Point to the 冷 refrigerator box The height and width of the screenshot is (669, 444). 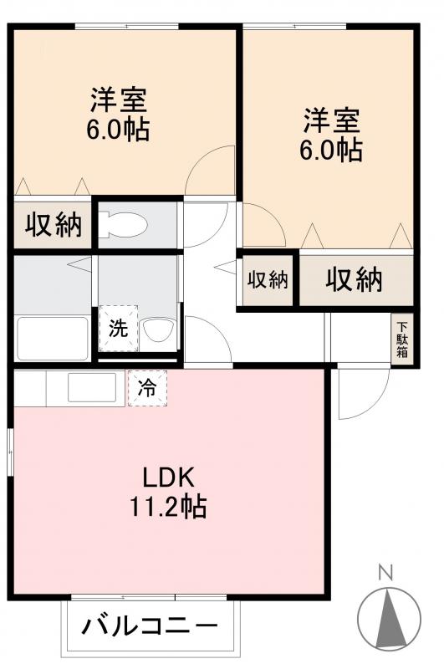click(x=147, y=387)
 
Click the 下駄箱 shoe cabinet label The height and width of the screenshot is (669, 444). click(x=403, y=339)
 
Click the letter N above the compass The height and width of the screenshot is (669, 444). click(x=385, y=574)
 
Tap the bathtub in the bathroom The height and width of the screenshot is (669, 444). click(x=52, y=336)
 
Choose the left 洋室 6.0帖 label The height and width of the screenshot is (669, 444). click(x=120, y=114)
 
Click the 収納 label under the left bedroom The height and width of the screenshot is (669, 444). click(x=53, y=224)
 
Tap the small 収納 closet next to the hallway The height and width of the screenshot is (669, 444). click(x=268, y=280)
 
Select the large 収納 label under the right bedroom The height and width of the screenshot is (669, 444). click(x=354, y=280)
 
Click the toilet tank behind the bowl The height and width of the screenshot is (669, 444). click(x=105, y=225)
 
